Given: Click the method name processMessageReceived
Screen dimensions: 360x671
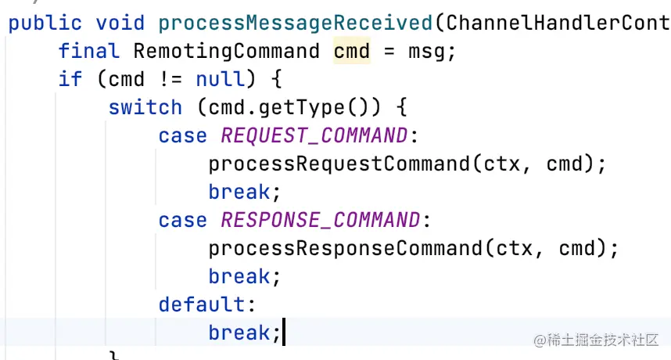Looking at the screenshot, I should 296,23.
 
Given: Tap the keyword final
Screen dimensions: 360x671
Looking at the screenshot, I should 89,52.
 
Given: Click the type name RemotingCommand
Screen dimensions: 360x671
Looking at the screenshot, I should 227,52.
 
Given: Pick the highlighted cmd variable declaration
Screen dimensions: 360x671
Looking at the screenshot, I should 352,52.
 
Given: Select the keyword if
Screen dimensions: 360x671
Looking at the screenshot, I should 70,80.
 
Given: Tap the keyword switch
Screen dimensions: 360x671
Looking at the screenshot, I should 145,108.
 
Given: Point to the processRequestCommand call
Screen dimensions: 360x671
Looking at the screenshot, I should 339,164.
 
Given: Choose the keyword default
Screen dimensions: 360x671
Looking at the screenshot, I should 202,304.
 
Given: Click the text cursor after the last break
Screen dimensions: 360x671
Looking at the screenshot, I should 283,333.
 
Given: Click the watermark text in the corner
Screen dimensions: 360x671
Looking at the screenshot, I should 596,340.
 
